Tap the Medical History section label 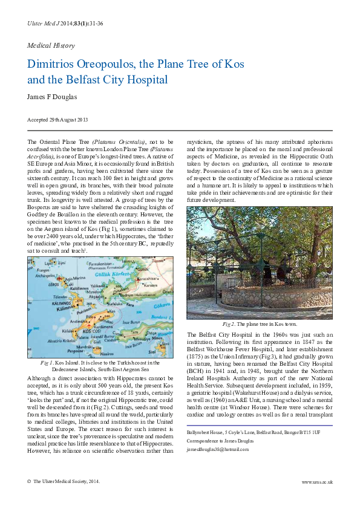(51, 45)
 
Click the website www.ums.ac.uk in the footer (316, 481)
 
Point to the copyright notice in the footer (64, 481)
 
